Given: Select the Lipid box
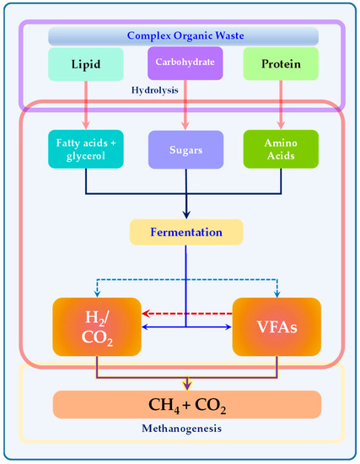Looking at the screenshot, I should tap(82, 63).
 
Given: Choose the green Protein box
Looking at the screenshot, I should tap(278, 63).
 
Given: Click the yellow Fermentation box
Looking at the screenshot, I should tap(186, 231).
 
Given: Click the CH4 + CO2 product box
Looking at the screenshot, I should tap(186, 404).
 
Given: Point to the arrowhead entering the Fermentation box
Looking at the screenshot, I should tap(186, 215).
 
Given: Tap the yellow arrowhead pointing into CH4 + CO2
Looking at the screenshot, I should tap(186, 386).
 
